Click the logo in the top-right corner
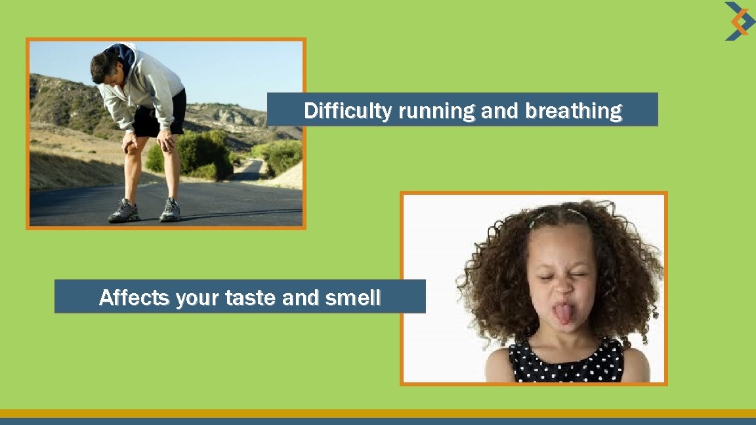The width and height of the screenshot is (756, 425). click(x=739, y=21)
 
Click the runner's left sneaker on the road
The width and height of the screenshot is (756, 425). click(x=123, y=211)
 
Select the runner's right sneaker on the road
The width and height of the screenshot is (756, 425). click(x=170, y=210)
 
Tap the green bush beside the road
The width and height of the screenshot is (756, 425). click(x=203, y=154)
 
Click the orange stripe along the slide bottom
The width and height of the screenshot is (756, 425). click(x=378, y=413)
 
